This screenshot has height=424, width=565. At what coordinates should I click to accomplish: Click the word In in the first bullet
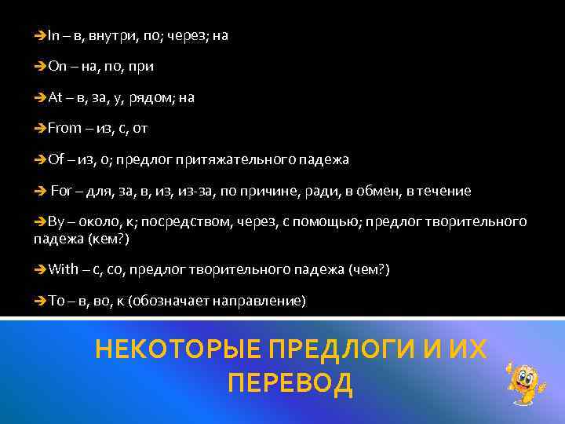click(x=53, y=36)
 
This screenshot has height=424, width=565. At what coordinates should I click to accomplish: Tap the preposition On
click(x=56, y=68)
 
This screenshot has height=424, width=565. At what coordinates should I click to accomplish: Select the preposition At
click(x=55, y=98)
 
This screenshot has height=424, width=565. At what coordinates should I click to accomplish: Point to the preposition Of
click(x=56, y=159)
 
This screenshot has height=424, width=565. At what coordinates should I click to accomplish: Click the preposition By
click(x=56, y=222)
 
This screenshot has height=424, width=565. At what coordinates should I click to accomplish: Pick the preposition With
click(x=64, y=270)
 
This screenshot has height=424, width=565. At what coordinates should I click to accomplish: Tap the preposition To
click(x=56, y=301)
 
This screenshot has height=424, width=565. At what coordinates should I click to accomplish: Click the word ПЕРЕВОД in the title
click(x=290, y=384)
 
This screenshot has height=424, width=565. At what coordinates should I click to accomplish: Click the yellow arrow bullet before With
click(x=41, y=270)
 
